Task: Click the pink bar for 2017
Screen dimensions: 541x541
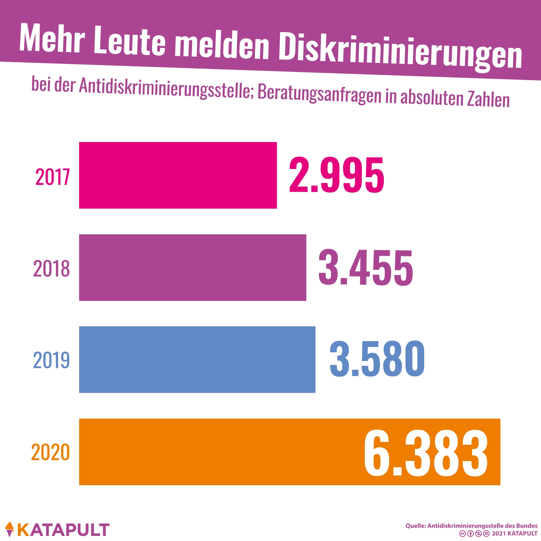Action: pyautogui.click(x=178, y=175)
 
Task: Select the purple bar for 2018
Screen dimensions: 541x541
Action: pyautogui.click(x=193, y=267)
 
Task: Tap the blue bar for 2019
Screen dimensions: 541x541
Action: pyautogui.click(x=197, y=359)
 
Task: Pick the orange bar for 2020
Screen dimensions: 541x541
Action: pyautogui.click(x=220, y=452)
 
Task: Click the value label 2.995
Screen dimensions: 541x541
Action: pyautogui.click(x=336, y=175)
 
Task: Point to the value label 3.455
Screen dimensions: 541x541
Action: pyautogui.click(x=366, y=267)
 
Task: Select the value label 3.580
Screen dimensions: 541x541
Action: pyautogui.click(x=377, y=359)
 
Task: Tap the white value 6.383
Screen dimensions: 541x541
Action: pyautogui.click(x=426, y=452)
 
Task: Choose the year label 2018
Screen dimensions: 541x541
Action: pyautogui.click(x=51, y=269)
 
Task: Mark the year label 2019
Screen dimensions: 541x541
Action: pyautogui.click(x=51, y=360)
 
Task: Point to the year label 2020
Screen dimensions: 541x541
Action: pyautogui.click(x=50, y=452)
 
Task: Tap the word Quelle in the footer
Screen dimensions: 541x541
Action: pyautogui.click(x=416, y=526)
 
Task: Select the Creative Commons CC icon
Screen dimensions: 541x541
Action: pyautogui.click(x=462, y=534)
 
